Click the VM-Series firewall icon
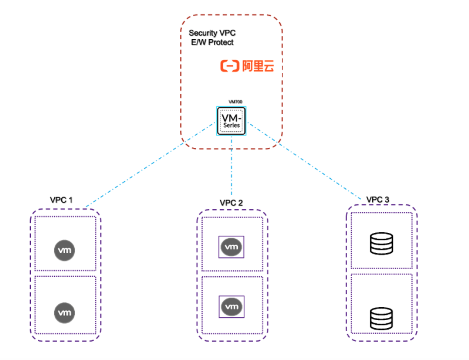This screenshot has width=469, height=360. (231, 121)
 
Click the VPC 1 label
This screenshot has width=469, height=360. (61, 200)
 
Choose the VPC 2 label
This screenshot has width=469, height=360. (231, 203)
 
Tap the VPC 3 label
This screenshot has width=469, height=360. (378, 200)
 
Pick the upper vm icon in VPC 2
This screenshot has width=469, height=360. (231, 246)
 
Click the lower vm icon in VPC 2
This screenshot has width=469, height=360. (231, 307)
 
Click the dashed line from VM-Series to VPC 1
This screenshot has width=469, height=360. (149, 166)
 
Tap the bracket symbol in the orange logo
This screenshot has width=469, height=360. (229, 66)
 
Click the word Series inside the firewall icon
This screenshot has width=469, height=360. (231, 127)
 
